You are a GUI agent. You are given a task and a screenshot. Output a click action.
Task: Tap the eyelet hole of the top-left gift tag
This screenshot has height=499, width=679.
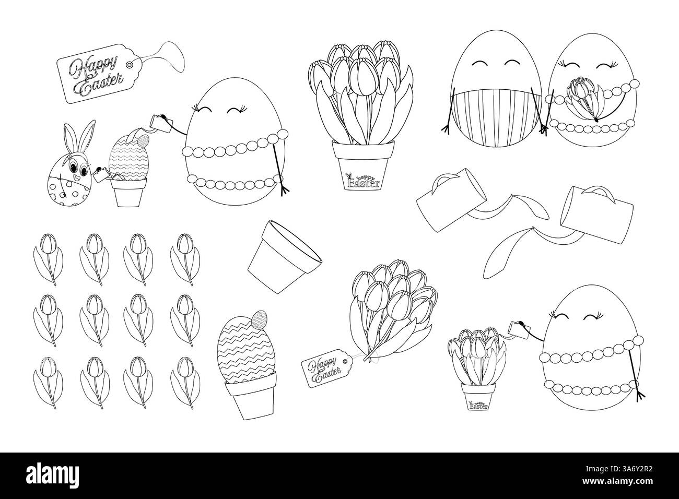point(129,65)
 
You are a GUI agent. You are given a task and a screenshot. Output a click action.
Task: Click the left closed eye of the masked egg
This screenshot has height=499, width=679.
point(479,64)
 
